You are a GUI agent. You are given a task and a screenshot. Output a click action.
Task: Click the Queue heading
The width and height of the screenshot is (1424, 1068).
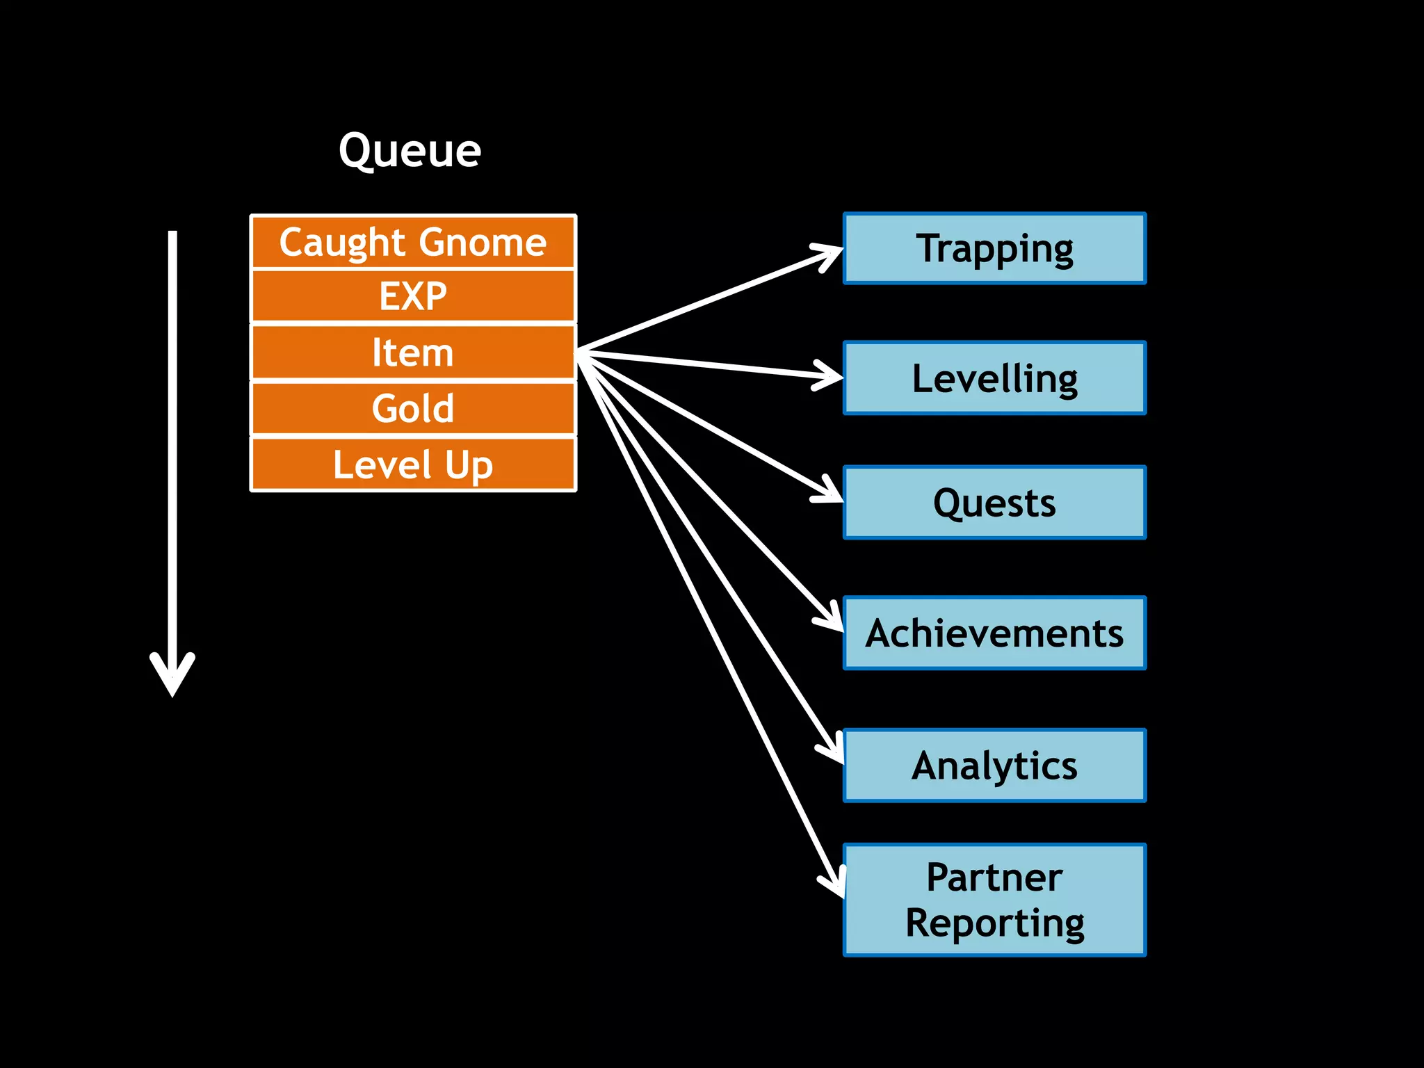point(410,150)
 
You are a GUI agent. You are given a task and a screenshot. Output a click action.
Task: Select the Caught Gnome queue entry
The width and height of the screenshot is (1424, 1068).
point(413,242)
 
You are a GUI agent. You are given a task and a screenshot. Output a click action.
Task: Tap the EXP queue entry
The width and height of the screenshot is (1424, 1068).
point(413,296)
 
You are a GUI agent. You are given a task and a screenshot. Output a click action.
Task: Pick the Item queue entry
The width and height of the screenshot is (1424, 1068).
point(413,353)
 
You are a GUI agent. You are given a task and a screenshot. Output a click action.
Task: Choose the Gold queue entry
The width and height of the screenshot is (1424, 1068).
point(413,408)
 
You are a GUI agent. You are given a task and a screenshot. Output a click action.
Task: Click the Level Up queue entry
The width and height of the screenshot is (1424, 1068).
point(413,464)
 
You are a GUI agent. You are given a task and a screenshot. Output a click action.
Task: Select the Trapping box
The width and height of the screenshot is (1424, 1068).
point(994,248)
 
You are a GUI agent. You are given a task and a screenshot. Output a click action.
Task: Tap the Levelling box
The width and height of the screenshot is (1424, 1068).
point(994,378)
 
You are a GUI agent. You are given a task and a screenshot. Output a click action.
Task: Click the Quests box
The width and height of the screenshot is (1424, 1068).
point(994,503)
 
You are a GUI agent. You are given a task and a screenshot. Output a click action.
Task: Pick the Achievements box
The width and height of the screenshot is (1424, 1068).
point(994,633)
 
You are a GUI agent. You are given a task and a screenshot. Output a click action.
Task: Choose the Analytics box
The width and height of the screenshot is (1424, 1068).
point(994,766)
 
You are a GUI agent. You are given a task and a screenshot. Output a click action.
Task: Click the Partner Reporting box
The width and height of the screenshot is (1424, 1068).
point(994,900)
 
